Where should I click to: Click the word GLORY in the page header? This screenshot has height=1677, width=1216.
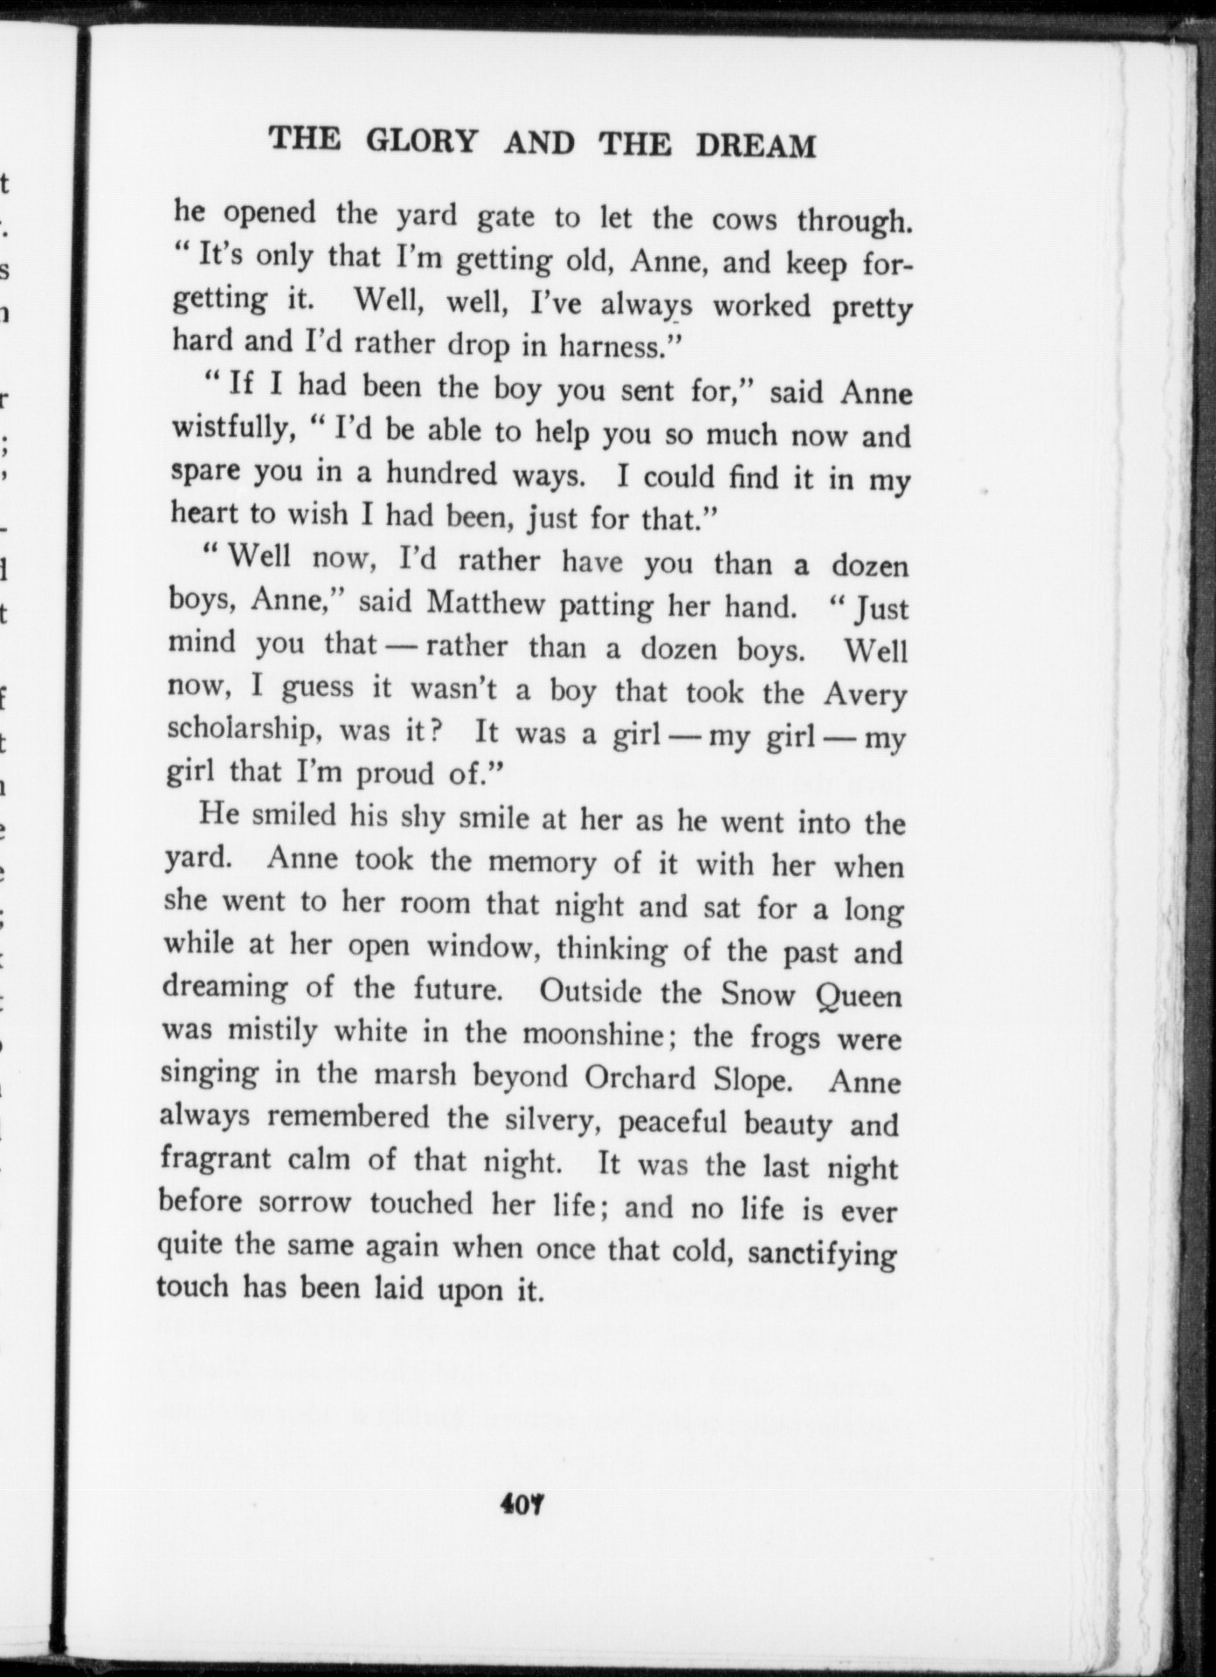[422, 140]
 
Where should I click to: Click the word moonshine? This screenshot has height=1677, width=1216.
[592, 1034]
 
